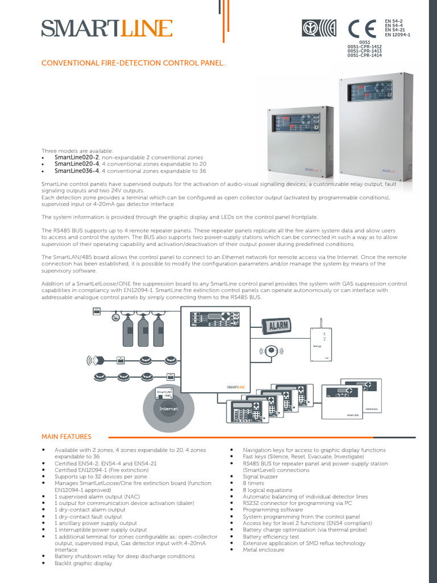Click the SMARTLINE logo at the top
pyautogui.click(x=106, y=28)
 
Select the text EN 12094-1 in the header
pyautogui.click(x=397, y=35)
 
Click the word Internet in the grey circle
pyautogui.click(x=169, y=409)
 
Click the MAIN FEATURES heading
pyautogui.click(x=66, y=437)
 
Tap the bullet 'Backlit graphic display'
pyautogui.click(x=83, y=563)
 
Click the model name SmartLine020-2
pyautogui.click(x=77, y=157)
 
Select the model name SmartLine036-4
pyautogui.click(x=77, y=170)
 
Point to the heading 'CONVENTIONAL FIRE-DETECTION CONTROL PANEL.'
pyautogui.click(x=133, y=63)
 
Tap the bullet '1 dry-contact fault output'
pyautogui.click(x=88, y=516)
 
